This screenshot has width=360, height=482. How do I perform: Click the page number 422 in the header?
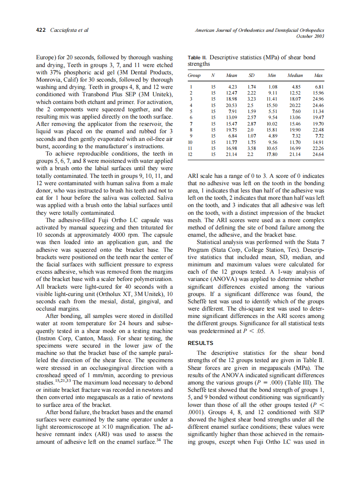(41, 30)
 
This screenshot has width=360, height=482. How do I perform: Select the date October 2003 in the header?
(310, 36)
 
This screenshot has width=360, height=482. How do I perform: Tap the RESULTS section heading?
(201, 343)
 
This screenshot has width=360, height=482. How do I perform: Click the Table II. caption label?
(197, 58)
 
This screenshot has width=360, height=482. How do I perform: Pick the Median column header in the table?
(295, 75)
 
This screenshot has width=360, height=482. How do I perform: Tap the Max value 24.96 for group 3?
(318, 99)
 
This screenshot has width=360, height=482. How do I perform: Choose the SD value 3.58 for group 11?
(251, 148)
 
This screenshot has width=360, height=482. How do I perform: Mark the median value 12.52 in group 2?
(295, 93)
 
